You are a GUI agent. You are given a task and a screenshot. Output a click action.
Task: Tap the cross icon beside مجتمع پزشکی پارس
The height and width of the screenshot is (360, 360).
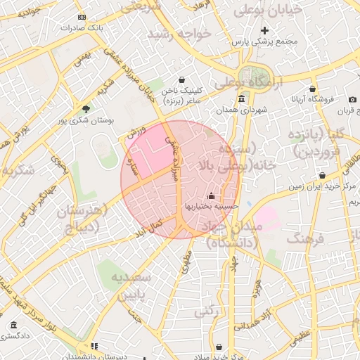coord(265,30)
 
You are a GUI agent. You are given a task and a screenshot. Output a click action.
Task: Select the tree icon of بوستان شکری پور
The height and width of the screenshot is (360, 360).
coord(86,109)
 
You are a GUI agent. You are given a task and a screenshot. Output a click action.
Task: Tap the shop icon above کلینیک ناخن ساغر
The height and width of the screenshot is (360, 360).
coord(183,80)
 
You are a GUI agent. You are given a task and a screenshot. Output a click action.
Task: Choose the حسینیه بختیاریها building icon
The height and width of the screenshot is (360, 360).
coord(212,196)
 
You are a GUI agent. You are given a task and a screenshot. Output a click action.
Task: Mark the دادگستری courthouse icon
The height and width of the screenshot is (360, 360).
coord(14,325)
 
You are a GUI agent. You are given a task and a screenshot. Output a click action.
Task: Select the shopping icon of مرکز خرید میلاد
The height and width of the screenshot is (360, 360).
coord(220,347)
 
